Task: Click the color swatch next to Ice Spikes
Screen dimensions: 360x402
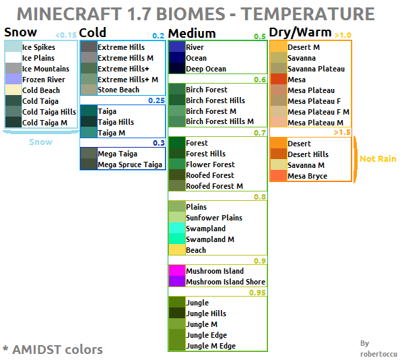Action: tap(13, 47)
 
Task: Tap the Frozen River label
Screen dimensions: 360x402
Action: tap(44, 80)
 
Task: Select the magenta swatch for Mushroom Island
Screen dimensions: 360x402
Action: tap(176, 271)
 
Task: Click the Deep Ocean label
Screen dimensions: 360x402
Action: tap(206, 69)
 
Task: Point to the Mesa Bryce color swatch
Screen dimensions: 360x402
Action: tap(278, 176)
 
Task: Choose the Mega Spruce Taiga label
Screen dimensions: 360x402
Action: tap(130, 164)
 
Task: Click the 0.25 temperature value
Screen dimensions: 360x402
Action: tap(156, 100)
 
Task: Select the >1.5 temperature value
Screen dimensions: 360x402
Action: tap(342, 132)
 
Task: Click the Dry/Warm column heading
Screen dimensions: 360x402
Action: tap(300, 32)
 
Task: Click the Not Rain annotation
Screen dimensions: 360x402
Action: tap(378, 159)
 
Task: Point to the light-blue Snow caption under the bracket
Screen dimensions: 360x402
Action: tap(40, 142)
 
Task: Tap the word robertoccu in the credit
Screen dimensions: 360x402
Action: tap(378, 353)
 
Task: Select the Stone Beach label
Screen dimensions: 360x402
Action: tap(119, 90)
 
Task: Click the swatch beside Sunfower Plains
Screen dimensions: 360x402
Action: tap(176, 218)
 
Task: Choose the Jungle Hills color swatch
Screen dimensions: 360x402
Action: tap(176, 313)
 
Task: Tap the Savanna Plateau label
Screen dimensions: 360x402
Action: tap(316, 69)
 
